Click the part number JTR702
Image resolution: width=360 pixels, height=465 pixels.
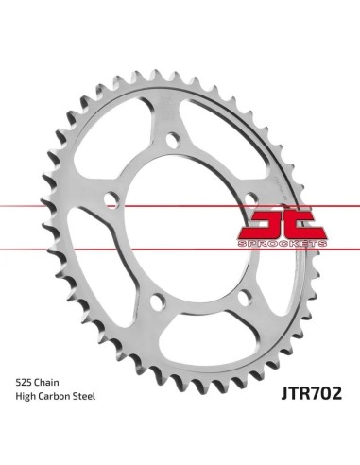click(x=311, y=393)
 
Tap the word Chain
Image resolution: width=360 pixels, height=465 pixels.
click(x=46, y=383)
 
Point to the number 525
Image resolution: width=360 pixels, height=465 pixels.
click(x=24, y=383)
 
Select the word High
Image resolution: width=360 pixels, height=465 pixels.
click(x=26, y=397)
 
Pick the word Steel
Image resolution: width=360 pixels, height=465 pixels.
click(x=84, y=396)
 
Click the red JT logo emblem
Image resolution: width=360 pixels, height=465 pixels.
click(x=282, y=224)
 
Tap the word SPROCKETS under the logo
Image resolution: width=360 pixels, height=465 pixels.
click(x=283, y=244)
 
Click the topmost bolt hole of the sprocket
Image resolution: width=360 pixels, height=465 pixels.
click(x=173, y=140)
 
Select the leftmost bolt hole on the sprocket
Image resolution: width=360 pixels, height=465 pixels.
click(x=111, y=199)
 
